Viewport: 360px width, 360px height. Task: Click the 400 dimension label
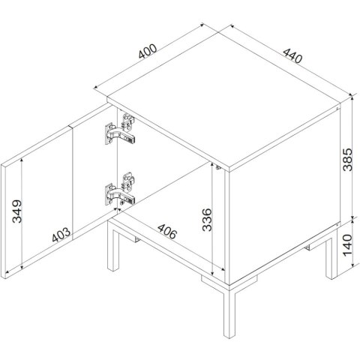pyautogui.click(x=148, y=51)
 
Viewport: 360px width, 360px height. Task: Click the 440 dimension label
pyautogui.click(x=292, y=55)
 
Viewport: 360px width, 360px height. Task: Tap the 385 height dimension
pyautogui.click(x=347, y=160)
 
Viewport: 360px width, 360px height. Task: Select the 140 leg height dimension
pyautogui.click(x=347, y=245)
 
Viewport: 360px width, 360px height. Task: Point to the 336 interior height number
pyautogui.click(x=207, y=220)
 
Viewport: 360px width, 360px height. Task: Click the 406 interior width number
pyautogui.click(x=167, y=231)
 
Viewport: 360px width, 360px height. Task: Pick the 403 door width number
pyautogui.click(x=61, y=235)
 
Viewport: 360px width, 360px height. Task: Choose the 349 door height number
pyautogui.click(x=17, y=211)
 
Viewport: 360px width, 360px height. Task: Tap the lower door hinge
pyautogui.click(x=120, y=189)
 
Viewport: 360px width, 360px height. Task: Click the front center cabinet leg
pyautogui.click(x=229, y=313)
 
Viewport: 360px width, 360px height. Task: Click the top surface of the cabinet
pyautogui.click(x=223, y=100)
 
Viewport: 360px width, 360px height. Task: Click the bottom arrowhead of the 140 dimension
pyautogui.click(x=352, y=264)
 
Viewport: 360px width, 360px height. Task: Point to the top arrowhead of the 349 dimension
pyautogui.click(x=22, y=160)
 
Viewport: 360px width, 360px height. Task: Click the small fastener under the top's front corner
pyautogui.click(x=218, y=167)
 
